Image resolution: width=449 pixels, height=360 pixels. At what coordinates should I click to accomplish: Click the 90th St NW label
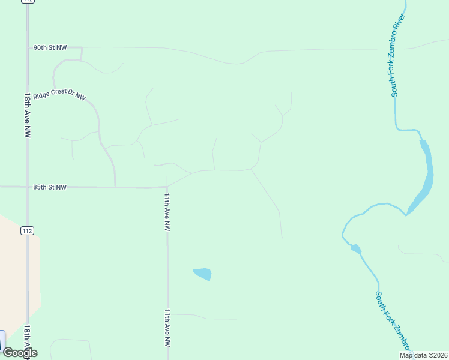click(x=50, y=47)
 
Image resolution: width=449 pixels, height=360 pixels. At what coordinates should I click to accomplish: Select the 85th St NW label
click(x=50, y=187)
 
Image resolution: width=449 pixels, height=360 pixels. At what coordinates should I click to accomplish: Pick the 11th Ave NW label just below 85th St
click(x=167, y=212)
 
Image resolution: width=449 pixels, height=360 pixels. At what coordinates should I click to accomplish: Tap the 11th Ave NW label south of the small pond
click(x=167, y=328)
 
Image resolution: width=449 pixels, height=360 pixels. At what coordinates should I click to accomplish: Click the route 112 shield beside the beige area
click(x=27, y=230)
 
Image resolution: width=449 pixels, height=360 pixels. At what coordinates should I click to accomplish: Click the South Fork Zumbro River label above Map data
click(x=393, y=321)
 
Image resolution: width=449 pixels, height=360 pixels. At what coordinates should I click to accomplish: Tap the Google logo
click(x=20, y=353)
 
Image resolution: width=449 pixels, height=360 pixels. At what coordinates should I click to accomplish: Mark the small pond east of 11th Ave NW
click(x=203, y=274)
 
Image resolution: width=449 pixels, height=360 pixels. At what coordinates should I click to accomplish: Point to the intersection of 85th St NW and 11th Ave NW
click(x=167, y=187)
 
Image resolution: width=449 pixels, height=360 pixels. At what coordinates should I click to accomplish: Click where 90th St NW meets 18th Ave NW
click(x=28, y=47)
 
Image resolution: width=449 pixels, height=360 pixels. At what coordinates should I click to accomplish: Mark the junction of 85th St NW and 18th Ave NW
click(x=28, y=187)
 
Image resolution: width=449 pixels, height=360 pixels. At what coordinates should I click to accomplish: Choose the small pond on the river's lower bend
click(x=355, y=248)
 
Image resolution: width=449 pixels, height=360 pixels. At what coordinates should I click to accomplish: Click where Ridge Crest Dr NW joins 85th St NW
click(x=115, y=187)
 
